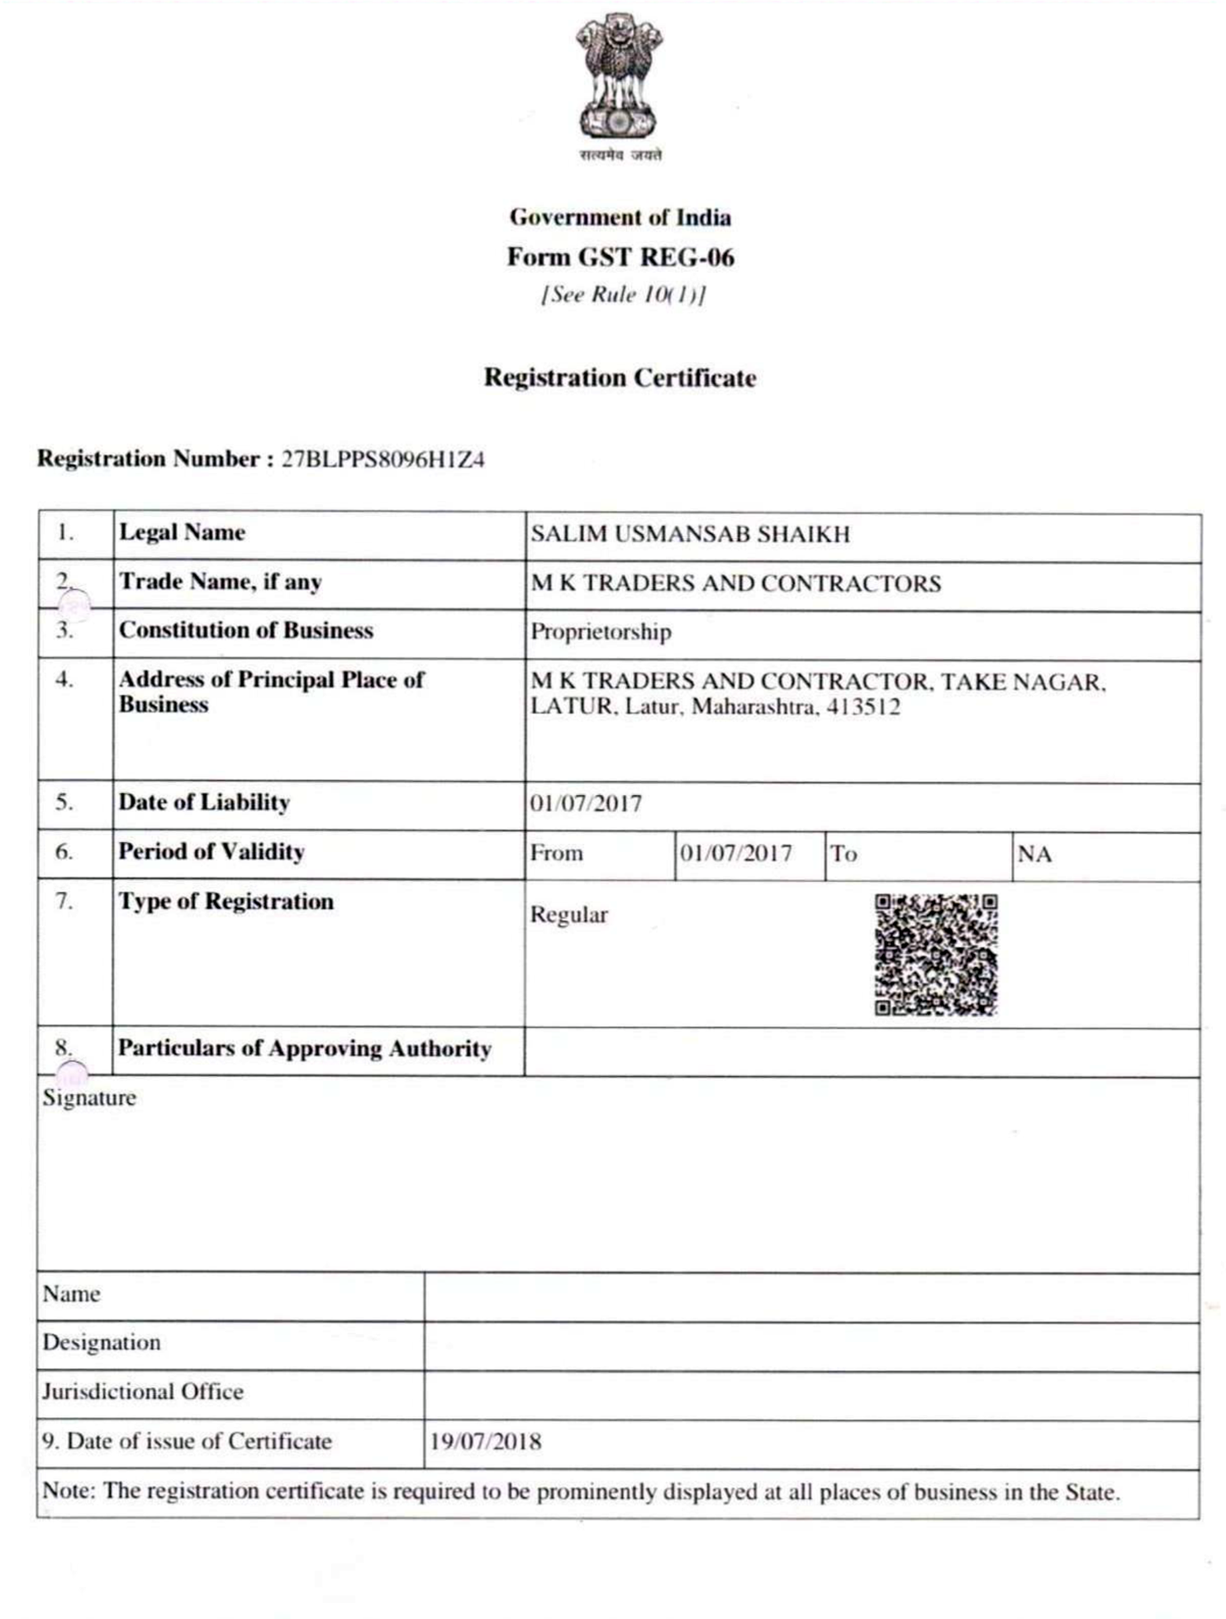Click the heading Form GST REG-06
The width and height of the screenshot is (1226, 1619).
click(620, 257)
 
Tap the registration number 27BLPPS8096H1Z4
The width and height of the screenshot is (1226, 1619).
click(383, 460)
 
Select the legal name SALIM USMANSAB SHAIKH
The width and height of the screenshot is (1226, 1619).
click(690, 535)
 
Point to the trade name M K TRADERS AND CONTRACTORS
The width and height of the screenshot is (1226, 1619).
click(735, 583)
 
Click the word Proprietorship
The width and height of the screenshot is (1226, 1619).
click(601, 632)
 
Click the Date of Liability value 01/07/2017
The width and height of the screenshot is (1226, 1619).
click(586, 803)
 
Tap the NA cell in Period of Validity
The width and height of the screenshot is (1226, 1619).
click(1034, 854)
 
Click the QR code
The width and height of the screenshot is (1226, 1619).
click(936, 955)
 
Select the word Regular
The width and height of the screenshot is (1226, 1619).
click(568, 915)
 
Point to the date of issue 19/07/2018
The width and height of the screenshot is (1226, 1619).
click(486, 1442)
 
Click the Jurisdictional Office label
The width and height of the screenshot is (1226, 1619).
click(143, 1392)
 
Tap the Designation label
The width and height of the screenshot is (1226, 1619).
click(102, 1342)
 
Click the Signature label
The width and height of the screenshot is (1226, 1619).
click(89, 1098)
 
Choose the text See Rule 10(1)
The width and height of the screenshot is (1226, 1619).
click(623, 295)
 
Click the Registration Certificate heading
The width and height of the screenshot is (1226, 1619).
click(620, 378)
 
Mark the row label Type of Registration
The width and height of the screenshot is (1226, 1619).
click(226, 902)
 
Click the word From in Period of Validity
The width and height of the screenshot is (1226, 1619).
click(556, 853)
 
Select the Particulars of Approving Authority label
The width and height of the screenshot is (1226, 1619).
click(304, 1049)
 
